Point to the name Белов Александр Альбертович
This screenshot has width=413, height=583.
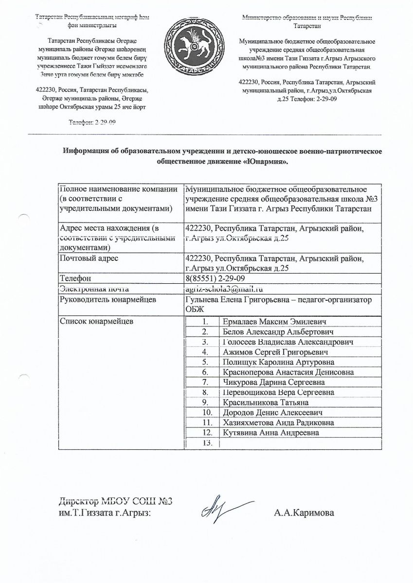[x=277, y=332]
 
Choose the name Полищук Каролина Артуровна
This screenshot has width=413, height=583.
[x=278, y=362]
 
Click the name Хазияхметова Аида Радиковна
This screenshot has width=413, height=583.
[x=278, y=423]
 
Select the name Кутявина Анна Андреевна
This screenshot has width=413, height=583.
[x=271, y=433]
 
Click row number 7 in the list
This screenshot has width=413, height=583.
[x=206, y=382]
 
